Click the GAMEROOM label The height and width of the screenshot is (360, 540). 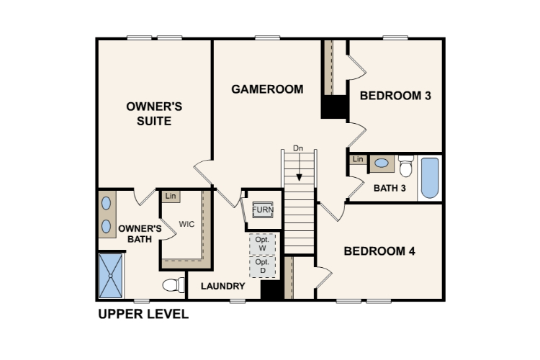267,89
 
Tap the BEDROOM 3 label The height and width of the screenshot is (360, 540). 395,96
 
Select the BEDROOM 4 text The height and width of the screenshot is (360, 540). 379,251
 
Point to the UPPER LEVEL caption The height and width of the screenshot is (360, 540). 143,314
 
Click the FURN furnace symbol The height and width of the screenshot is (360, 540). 263,210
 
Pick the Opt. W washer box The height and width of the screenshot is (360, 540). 262,244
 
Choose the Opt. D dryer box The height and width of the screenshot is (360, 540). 262,266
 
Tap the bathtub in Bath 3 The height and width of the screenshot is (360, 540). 430,178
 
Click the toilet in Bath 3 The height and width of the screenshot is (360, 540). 406,166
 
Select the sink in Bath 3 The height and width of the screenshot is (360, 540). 382,163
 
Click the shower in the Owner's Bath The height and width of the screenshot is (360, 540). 111,276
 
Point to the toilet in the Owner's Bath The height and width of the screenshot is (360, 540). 174,285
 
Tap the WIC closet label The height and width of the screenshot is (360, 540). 186,224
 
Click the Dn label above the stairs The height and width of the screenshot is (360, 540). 298,148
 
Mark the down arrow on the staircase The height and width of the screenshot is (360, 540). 300,166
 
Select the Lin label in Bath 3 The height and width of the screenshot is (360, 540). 358,159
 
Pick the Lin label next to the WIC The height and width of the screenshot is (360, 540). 171,197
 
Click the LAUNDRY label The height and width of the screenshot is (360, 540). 223,287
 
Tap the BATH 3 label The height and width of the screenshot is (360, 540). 390,189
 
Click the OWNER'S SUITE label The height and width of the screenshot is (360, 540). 154,114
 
